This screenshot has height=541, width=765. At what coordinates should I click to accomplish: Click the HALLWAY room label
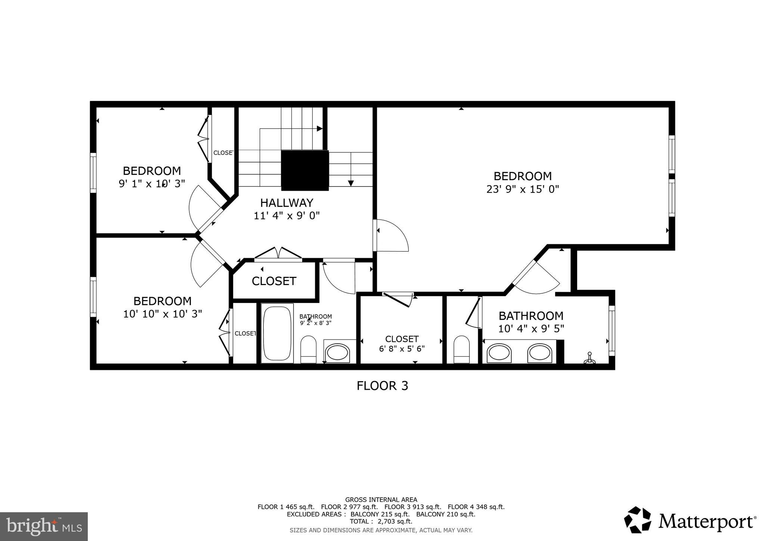(x=287, y=203)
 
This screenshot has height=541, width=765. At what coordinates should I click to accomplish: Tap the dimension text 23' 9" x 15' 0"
(x=522, y=189)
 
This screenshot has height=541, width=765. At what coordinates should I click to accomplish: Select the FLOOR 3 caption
(x=382, y=386)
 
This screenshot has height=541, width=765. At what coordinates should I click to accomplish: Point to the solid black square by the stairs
(x=305, y=170)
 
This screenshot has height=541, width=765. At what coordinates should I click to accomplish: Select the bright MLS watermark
(x=44, y=527)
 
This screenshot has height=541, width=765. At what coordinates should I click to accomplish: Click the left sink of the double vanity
(x=499, y=353)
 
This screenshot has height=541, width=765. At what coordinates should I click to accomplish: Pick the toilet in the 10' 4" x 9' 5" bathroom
(x=461, y=349)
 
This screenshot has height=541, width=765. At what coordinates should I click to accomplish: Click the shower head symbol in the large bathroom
(x=590, y=358)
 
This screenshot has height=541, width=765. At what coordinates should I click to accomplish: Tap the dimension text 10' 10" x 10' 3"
(x=162, y=314)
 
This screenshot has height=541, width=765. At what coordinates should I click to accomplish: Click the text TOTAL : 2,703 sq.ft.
(x=381, y=522)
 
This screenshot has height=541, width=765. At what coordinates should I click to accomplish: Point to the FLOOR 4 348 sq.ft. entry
(x=476, y=507)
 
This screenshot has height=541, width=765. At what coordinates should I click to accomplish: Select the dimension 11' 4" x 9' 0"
(x=287, y=216)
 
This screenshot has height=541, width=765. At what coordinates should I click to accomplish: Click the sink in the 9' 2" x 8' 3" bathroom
(x=337, y=353)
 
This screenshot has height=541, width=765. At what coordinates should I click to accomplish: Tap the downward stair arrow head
(x=351, y=183)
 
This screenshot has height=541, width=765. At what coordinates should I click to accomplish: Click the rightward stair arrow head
(x=319, y=129)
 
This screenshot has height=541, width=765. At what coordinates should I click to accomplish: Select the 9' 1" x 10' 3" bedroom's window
(x=93, y=173)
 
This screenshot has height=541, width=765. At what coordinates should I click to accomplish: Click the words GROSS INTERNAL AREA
(x=381, y=500)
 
